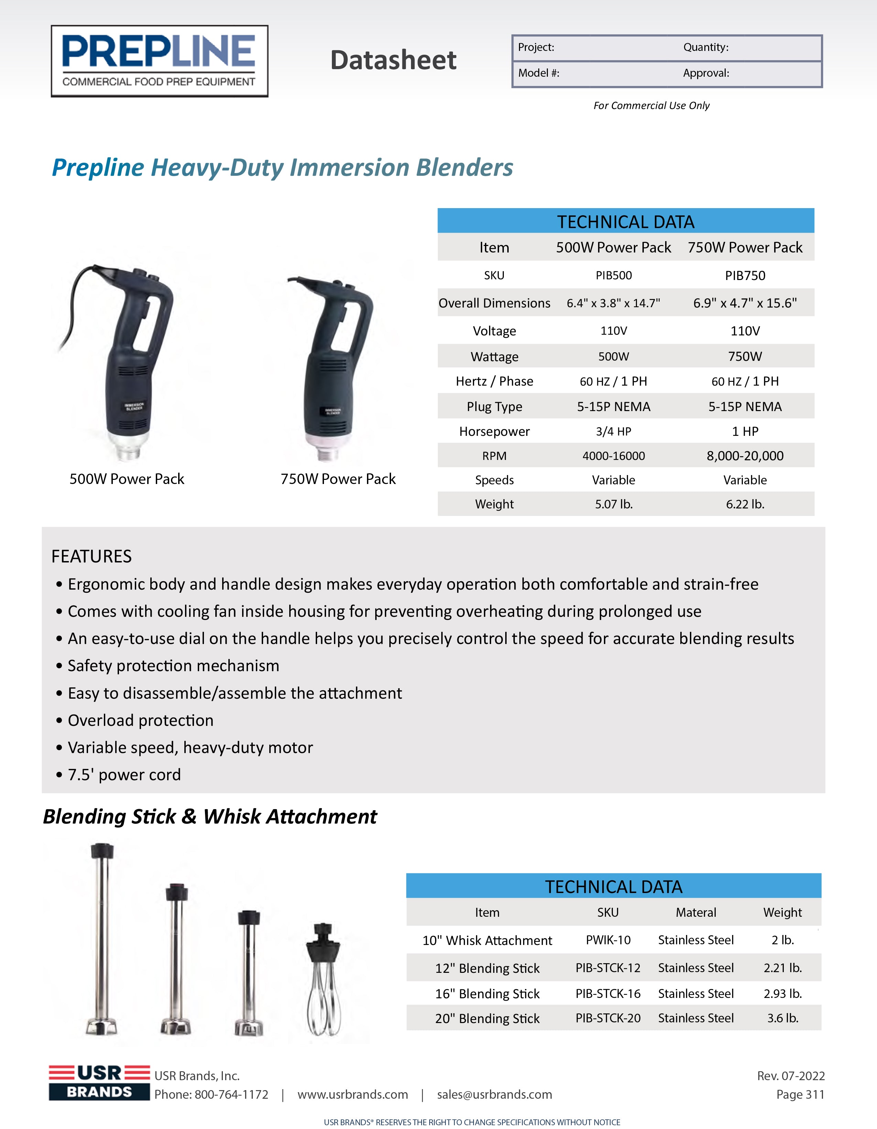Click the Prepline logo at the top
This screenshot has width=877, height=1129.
[x=159, y=61]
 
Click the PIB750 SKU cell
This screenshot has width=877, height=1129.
[x=745, y=276]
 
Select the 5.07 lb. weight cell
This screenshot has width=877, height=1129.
[x=614, y=504]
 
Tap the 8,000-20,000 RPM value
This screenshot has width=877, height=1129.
[x=745, y=456]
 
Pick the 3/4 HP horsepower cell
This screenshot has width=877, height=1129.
[x=614, y=431]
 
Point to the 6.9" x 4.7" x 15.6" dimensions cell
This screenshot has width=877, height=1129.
[x=745, y=303]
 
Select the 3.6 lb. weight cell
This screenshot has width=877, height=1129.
[x=782, y=1018]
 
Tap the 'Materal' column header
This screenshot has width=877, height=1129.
[x=696, y=912]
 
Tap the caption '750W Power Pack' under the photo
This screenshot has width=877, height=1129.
[x=338, y=479]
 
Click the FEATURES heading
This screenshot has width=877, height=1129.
[x=91, y=556]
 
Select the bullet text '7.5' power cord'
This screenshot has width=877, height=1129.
[x=124, y=774]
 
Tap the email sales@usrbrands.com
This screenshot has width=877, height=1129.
[x=494, y=1094]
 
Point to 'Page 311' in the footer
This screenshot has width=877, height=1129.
[x=800, y=1094]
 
